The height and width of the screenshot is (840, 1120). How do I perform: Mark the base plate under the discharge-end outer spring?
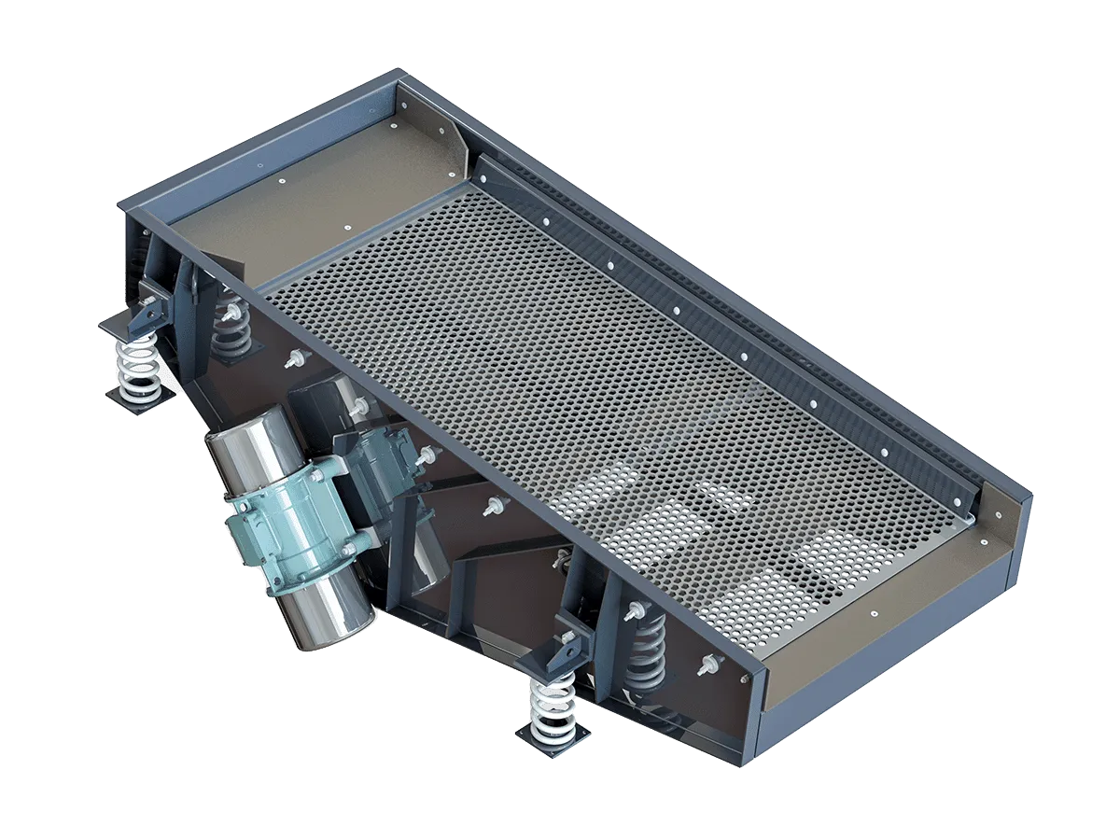point(553,737)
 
